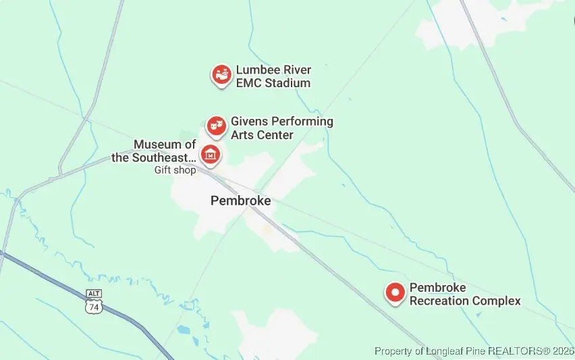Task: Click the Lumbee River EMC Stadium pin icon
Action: pos(221,75)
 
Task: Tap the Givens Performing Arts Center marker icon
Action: pos(215,125)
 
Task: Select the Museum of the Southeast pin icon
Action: pos(211,155)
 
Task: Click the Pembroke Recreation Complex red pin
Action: pos(395,292)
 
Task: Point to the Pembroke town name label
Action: pos(240,201)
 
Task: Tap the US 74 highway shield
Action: pos(94,306)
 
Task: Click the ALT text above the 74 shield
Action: pos(94,294)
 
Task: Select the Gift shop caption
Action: pos(175,170)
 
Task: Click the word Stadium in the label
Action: pos(285,83)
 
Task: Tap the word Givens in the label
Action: pos(249,122)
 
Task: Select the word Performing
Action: pos(302,122)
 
